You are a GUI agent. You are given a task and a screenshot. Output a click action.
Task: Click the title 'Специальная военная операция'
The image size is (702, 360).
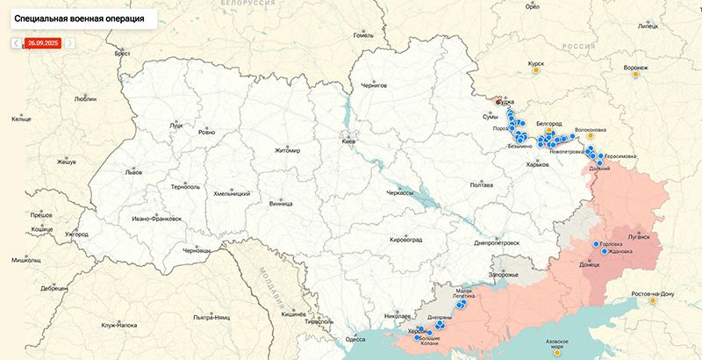pos(80,18)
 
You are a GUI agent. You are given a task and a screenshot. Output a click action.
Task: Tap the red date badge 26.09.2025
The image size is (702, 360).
pos(43,42)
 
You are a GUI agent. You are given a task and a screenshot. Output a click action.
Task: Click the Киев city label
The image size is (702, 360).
pos(349,141)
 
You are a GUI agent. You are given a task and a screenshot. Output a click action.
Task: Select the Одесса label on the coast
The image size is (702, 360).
pos(355,338)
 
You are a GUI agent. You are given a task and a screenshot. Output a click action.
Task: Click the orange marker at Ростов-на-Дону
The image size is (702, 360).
pos(652,301)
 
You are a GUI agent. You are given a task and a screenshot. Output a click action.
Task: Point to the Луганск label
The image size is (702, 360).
pos(638,237)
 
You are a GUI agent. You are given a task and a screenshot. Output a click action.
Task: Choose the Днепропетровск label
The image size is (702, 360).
pos(497,241)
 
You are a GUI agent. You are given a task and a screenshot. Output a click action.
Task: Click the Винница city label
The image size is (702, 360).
pos(282,203)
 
